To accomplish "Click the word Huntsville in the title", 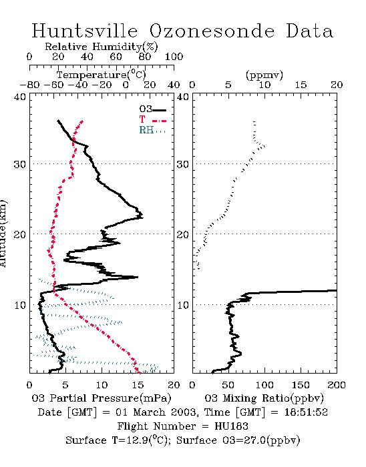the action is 85,31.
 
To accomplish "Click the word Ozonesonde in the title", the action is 212,31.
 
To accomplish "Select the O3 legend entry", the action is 152,109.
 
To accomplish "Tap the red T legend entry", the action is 152,119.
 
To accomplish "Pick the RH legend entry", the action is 152,130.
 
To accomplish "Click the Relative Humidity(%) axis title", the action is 102,47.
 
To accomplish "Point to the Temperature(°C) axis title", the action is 102,75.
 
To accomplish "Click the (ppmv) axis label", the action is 264,75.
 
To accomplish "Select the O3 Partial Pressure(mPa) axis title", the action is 102,398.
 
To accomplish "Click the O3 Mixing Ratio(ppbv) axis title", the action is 264,398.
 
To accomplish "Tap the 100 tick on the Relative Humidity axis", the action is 174,57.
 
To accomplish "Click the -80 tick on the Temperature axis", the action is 29,85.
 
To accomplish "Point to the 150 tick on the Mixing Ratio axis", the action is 301,385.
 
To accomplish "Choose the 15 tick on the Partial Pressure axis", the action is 138,385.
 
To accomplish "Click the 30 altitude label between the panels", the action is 183,164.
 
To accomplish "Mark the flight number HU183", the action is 231,426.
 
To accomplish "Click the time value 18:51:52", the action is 306,412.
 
